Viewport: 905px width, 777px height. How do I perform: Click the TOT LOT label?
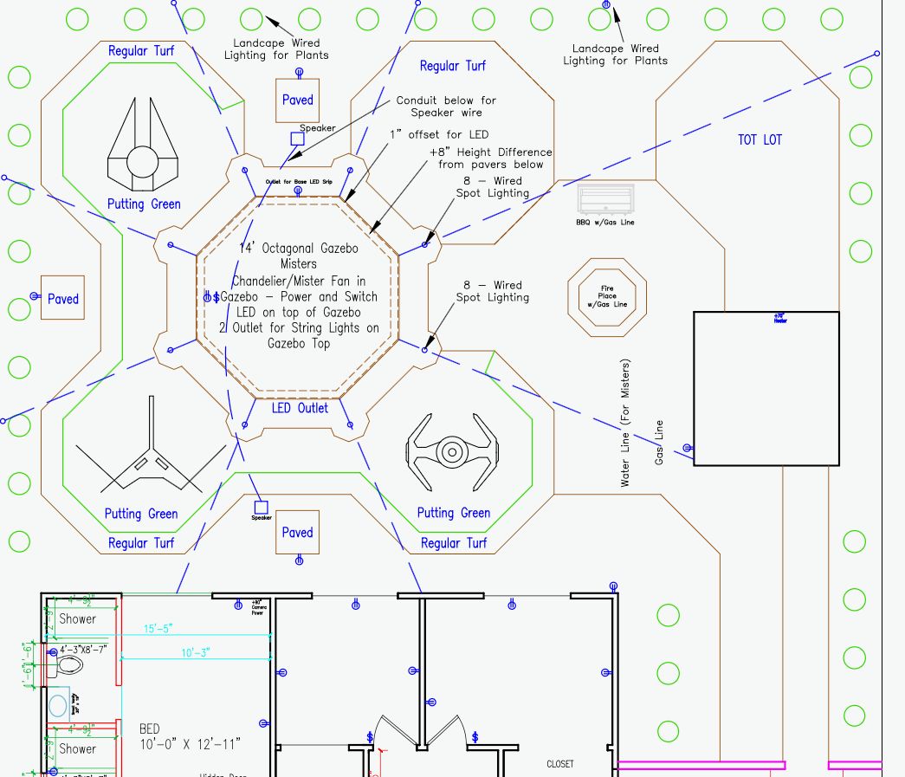coord(760,139)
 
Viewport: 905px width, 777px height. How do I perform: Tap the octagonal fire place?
coord(607,295)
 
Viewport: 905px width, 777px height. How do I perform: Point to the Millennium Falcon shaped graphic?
coord(139,147)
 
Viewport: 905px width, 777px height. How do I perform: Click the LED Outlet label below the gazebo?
coord(300,408)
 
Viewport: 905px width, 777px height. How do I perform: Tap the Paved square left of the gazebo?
coord(63,299)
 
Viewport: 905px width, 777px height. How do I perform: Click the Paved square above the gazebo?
coord(297,100)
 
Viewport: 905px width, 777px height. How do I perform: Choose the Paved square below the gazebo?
coord(297,532)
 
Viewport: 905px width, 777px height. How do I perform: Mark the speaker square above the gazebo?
coord(297,139)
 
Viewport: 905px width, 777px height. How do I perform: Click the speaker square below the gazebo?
coord(261,507)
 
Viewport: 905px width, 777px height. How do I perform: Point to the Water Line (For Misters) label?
coord(625,423)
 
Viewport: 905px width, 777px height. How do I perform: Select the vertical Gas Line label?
coord(660,443)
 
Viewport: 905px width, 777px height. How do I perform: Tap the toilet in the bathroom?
coord(68,665)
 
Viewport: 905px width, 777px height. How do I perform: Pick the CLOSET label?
coord(559,764)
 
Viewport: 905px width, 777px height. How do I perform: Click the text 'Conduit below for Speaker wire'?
coord(446,107)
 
